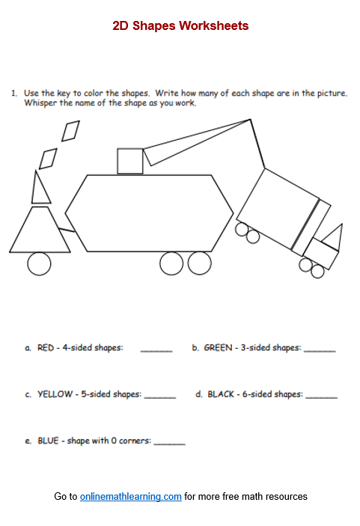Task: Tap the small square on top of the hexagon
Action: coord(130,161)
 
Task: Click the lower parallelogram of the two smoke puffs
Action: coord(49,158)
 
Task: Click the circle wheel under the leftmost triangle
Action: coord(39,263)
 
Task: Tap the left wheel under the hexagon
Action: coord(171,263)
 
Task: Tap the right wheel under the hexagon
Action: coord(199,263)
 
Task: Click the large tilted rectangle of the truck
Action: coord(278,210)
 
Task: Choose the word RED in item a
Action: coord(46,348)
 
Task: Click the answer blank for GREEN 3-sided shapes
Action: coord(320,349)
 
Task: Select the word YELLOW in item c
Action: coord(53,394)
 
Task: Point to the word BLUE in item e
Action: coord(48,441)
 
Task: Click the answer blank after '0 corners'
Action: coord(169,442)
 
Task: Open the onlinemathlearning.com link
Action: coord(131,496)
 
